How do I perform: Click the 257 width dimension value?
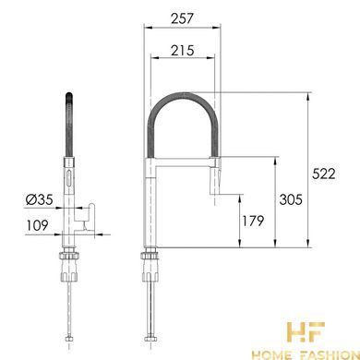(182, 18)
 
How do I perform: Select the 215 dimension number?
(183, 50)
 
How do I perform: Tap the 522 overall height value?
(324, 174)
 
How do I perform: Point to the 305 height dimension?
(291, 199)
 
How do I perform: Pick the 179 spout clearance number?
(253, 221)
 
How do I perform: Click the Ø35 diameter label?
(40, 199)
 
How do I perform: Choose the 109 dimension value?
(38, 225)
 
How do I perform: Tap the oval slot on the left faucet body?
(69, 178)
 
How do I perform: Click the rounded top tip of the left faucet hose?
(69, 94)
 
